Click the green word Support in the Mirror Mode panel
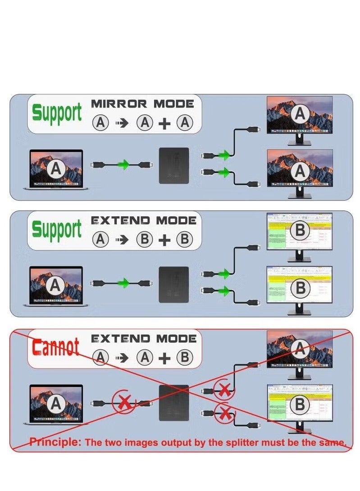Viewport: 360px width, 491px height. click(x=57, y=113)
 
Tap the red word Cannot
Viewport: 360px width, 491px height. click(x=55, y=347)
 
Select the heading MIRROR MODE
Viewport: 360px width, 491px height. click(x=142, y=104)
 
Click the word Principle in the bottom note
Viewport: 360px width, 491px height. click(x=55, y=442)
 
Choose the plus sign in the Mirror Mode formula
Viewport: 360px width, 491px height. click(x=165, y=123)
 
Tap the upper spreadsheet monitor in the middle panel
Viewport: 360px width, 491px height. click(x=300, y=232)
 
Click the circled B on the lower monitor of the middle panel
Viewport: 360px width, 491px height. click(x=300, y=288)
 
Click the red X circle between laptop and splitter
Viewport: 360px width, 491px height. click(x=123, y=402)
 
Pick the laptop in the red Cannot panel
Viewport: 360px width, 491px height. click(x=56, y=405)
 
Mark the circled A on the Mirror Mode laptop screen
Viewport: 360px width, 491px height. click(x=56, y=168)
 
